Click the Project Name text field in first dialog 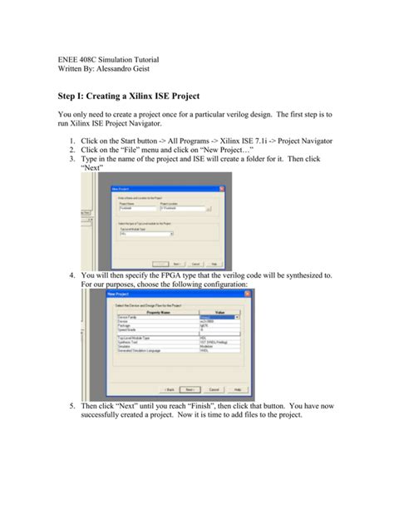pos(135,209)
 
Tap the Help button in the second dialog pos(238,388)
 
